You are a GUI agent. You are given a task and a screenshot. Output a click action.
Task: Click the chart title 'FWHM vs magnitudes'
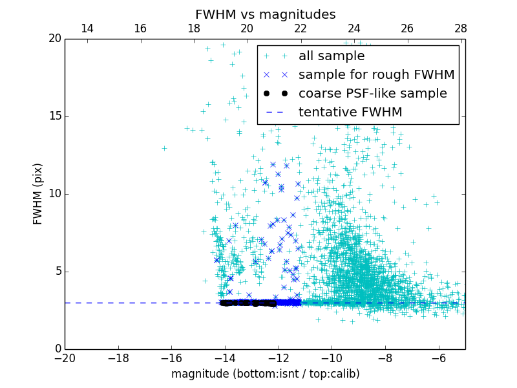(265, 14)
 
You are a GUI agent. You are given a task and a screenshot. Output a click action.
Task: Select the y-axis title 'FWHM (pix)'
(38, 193)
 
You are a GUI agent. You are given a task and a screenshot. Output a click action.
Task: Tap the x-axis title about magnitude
(265, 374)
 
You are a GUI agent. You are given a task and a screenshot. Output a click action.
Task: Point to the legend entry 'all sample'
(332, 56)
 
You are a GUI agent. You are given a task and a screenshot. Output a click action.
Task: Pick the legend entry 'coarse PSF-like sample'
(372, 94)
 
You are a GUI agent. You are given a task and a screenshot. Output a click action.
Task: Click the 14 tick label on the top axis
(87, 28)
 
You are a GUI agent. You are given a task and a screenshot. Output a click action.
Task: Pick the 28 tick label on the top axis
(460, 28)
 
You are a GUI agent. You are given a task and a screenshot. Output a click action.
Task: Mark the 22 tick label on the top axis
(301, 28)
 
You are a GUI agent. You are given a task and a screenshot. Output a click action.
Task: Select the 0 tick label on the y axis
(58, 349)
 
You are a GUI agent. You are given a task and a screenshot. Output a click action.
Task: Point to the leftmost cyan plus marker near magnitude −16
(164, 148)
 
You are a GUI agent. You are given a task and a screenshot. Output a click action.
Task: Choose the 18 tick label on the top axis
(194, 28)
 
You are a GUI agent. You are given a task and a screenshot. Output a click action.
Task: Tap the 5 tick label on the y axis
(58, 272)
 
